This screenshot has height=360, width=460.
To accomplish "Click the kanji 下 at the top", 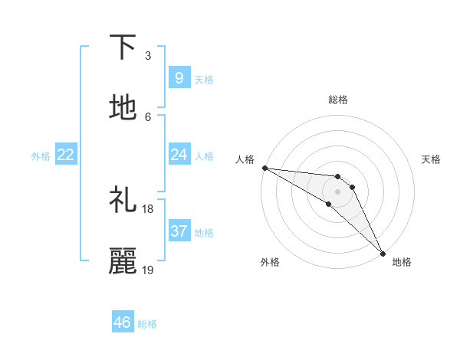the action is (123, 47).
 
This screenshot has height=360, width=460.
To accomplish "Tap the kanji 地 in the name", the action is (123, 108).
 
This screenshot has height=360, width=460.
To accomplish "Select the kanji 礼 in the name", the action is (123, 201).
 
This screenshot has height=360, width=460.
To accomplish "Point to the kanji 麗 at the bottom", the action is (123, 261).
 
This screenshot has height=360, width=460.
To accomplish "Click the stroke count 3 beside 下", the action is (148, 55).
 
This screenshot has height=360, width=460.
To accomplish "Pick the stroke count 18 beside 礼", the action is (148, 208).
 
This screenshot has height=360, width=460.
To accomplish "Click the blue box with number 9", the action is (179, 78).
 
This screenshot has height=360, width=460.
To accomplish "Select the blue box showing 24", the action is (179, 155).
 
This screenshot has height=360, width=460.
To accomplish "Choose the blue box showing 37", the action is (179, 231).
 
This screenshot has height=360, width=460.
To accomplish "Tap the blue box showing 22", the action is (65, 155).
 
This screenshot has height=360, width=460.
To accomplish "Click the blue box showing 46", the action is (123, 322).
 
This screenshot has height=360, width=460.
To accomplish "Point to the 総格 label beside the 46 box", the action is (147, 324).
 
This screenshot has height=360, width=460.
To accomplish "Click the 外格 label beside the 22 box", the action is (41, 156).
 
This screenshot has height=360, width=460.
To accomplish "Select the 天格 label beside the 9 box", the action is (204, 80).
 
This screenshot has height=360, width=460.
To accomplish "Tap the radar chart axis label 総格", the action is (338, 100).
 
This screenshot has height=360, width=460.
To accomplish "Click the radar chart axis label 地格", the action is (402, 263).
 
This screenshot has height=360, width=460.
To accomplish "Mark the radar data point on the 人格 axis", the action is (264, 168).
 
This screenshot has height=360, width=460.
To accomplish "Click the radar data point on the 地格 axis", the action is (383, 252).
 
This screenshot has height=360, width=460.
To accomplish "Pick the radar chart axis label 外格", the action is (270, 263).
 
